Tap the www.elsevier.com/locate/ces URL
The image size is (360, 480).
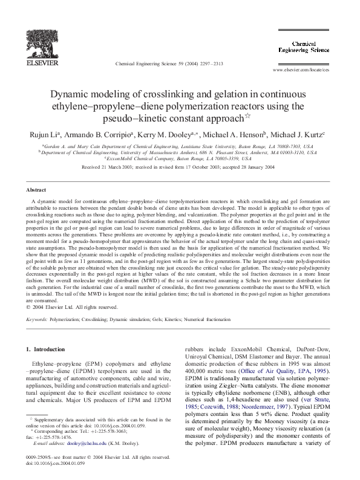[x=301, y=70]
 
